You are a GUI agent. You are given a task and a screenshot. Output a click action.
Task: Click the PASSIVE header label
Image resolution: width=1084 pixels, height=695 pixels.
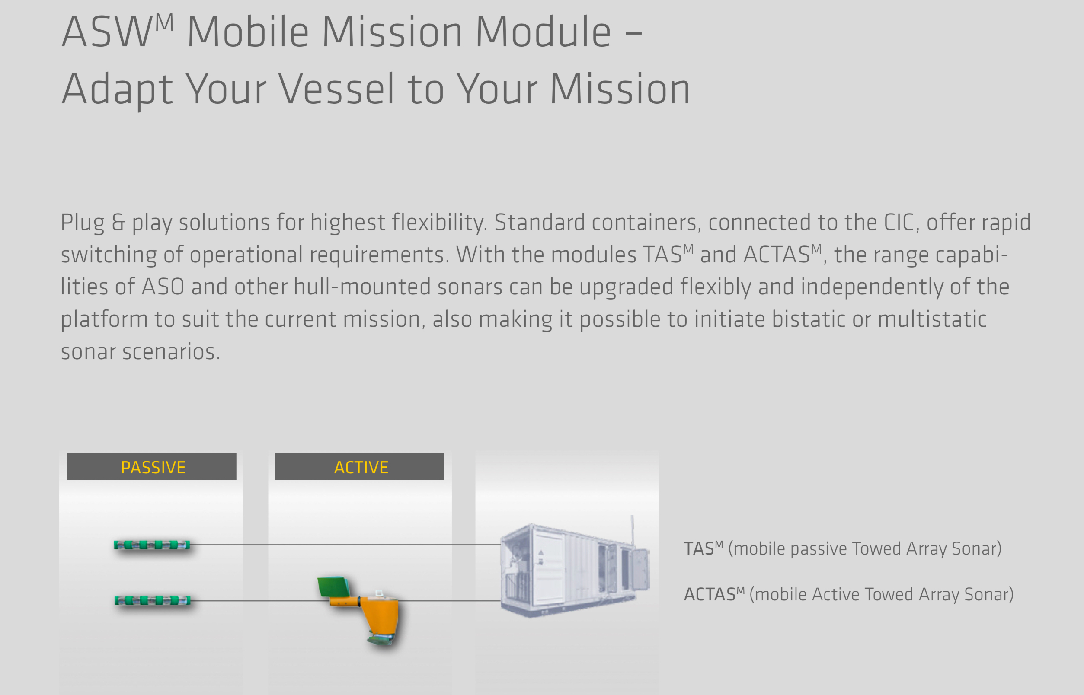(x=153, y=468)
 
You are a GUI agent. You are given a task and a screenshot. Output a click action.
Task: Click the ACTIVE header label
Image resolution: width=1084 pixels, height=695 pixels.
(x=361, y=468)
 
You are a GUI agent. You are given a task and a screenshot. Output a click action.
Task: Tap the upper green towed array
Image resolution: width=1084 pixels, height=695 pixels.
(x=152, y=545)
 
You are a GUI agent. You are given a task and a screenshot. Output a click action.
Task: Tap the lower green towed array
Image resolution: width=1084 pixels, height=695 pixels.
(x=152, y=601)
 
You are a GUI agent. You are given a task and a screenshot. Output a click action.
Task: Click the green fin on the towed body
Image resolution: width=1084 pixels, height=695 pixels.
(x=334, y=586)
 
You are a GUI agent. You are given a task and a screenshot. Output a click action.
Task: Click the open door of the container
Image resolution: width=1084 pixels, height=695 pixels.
(x=640, y=570)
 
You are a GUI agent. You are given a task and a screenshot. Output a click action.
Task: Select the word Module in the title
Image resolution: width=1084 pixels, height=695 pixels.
(x=543, y=32)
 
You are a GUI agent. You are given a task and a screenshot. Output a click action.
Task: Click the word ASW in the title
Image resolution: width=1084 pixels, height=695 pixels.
(x=106, y=32)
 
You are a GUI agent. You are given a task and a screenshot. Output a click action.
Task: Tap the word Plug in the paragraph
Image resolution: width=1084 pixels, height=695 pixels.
(x=83, y=223)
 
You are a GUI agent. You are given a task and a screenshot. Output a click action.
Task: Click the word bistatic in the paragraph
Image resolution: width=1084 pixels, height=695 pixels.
(x=808, y=319)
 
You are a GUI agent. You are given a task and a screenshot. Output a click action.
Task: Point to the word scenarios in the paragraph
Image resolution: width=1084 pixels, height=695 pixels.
(x=171, y=352)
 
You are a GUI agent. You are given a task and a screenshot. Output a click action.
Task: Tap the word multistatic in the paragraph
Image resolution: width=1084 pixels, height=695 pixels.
(x=932, y=319)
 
